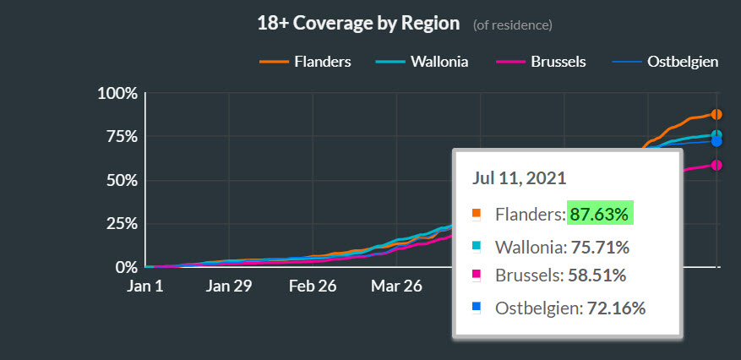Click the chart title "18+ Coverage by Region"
(358, 23)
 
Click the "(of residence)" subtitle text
(513, 25)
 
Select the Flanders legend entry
(305, 62)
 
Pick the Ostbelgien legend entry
(668, 62)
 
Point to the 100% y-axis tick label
(116, 93)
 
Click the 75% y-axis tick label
(119, 137)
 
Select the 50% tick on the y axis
(119, 181)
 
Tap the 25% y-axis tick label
(119, 224)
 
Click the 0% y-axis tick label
(123, 267)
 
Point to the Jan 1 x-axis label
(144, 286)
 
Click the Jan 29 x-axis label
(229, 286)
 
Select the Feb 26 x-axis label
(313, 286)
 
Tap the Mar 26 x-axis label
(395, 286)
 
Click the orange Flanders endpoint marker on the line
(716, 114)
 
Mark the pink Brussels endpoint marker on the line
(716, 165)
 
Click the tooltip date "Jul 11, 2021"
(519, 178)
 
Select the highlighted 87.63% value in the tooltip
(599, 215)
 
